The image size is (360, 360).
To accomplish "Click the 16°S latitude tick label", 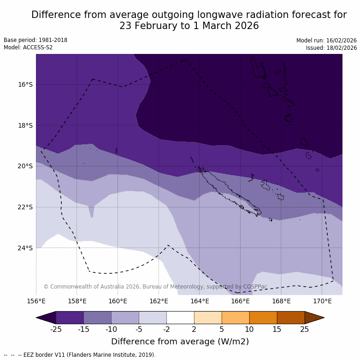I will coord(25,84).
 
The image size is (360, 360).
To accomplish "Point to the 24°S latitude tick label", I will coord(25,248).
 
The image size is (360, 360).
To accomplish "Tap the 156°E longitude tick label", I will coord(36,301).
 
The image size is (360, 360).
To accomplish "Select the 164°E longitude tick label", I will coord(200,301).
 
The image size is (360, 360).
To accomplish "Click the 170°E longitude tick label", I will coord(322,301).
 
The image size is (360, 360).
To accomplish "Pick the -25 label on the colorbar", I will coord(56,329).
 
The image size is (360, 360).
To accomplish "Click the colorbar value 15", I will coord(277,329).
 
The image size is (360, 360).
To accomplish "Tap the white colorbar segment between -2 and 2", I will coord(180,318).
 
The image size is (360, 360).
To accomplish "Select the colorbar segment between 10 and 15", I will coord(263,318).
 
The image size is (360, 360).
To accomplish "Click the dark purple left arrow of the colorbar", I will coord(46,318).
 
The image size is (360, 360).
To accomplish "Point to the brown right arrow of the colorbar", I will coord(314,318).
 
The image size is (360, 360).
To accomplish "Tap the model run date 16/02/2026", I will coord(341,41).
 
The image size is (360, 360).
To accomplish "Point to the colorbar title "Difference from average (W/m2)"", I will coord(180,342).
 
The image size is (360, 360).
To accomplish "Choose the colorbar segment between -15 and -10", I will coord(97,318).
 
